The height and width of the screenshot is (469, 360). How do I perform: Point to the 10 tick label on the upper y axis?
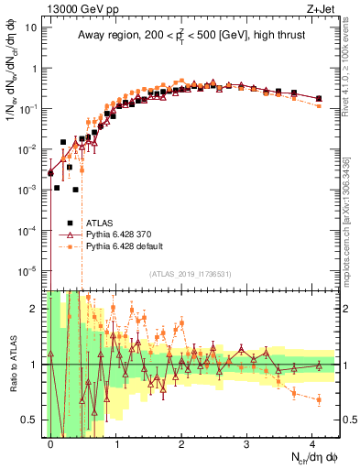(31, 27)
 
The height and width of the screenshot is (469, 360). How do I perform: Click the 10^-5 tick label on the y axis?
(29, 270)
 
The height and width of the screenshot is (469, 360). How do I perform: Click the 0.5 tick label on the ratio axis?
(31, 420)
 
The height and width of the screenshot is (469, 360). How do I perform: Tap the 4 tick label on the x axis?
(312, 444)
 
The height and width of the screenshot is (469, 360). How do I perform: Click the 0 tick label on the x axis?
(50, 444)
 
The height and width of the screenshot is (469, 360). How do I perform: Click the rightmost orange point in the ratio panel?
(318, 399)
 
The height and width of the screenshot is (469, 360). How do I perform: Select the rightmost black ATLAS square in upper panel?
(318, 98)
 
